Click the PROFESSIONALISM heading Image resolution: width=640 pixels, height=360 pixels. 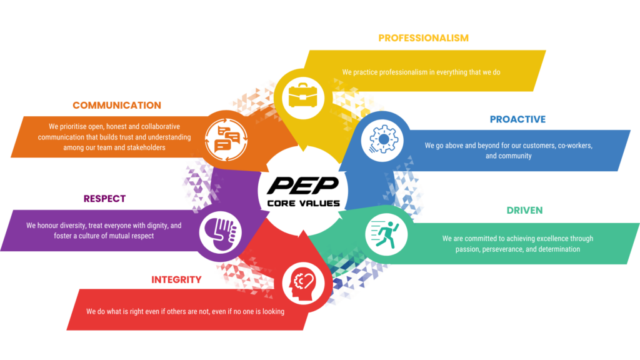point(423,38)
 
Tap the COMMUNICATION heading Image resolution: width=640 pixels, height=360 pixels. point(117,105)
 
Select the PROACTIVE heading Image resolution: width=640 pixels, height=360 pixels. point(517,119)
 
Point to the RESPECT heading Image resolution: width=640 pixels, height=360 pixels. point(104,199)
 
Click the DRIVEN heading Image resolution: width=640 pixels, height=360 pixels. point(524,210)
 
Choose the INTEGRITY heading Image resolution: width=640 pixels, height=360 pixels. point(176,279)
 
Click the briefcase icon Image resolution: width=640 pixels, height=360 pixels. point(303,96)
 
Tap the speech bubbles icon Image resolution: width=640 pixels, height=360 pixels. point(226,139)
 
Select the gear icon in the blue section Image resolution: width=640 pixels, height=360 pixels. point(382,139)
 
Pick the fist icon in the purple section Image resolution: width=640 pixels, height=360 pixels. point(221,232)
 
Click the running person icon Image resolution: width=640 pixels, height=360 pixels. point(385,234)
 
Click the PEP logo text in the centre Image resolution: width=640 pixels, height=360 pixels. point(303,186)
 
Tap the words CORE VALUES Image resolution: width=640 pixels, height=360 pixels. point(303,203)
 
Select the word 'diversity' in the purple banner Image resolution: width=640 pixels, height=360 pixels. point(72,226)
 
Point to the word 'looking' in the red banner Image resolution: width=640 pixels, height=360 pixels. point(273,312)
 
